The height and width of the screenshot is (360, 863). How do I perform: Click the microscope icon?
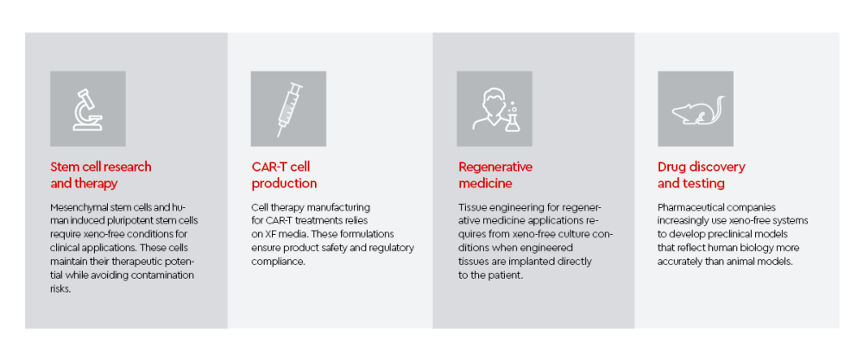coord(87,109)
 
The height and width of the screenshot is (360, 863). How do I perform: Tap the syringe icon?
coord(289,109)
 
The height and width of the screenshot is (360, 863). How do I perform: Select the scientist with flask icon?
coord(494,110)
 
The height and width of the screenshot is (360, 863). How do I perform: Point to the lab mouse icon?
coord(697,110)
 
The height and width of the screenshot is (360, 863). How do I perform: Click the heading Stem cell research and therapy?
coord(101,175)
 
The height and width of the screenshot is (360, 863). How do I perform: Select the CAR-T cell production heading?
coord(284,175)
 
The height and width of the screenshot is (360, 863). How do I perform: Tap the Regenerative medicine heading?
coord(495,175)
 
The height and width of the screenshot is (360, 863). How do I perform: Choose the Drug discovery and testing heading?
coord(701,175)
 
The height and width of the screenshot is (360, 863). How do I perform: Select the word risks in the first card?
coord(60,289)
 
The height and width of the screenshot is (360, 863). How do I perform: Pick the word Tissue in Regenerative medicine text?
coord(471,208)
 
